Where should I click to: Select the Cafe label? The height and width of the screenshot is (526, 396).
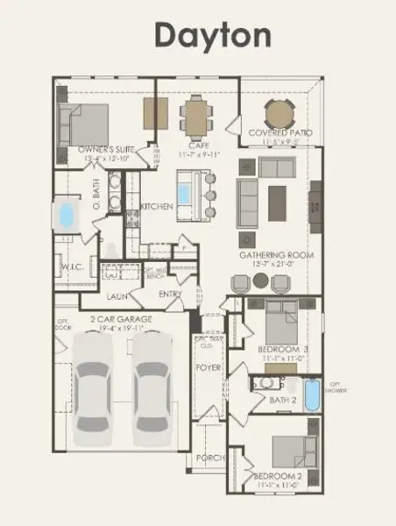[196, 144]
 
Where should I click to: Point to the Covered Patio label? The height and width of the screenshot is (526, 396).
[280, 132]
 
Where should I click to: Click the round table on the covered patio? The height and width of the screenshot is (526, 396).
[280, 113]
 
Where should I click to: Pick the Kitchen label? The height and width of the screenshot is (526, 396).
[156, 207]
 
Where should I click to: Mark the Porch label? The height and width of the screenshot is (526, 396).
[209, 458]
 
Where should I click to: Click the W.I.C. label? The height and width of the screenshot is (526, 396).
[72, 267]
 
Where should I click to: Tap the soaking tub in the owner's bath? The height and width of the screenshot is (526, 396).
[66, 215]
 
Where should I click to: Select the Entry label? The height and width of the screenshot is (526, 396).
[170, 295]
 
